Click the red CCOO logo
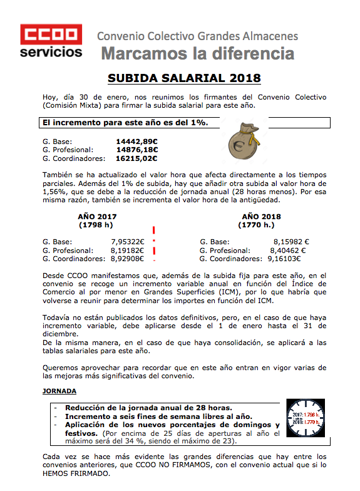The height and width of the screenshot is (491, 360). tap(51, 33)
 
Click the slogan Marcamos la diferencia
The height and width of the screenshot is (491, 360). tap(197, 53)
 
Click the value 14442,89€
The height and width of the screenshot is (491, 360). tap(136, 141)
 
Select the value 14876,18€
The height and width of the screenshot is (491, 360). tap(136, 150)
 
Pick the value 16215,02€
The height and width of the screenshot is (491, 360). tap(136, 158)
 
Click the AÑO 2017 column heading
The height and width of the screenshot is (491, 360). tap(97, 216)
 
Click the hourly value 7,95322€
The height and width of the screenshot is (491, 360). tap(127, 241)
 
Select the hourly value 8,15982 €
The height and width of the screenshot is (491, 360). tap(291, 241)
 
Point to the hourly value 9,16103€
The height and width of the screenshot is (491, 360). tap(284, 258)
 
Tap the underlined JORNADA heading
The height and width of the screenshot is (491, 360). tap(59, 391)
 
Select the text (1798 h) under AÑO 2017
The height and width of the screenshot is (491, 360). tap(97, 224)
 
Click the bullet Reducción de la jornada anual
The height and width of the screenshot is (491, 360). tap(148, 406)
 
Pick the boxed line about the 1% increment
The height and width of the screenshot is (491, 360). tap(125, 123)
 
